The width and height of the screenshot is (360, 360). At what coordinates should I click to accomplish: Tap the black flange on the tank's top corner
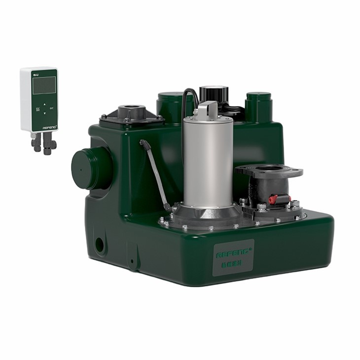[x=132, y=115]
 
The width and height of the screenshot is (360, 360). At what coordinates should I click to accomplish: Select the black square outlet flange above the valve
[x=269, y=172]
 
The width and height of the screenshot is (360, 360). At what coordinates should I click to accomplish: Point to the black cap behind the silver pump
[x=214, y=94]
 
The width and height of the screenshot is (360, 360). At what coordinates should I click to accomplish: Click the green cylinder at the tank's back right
[x=258, y=107]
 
